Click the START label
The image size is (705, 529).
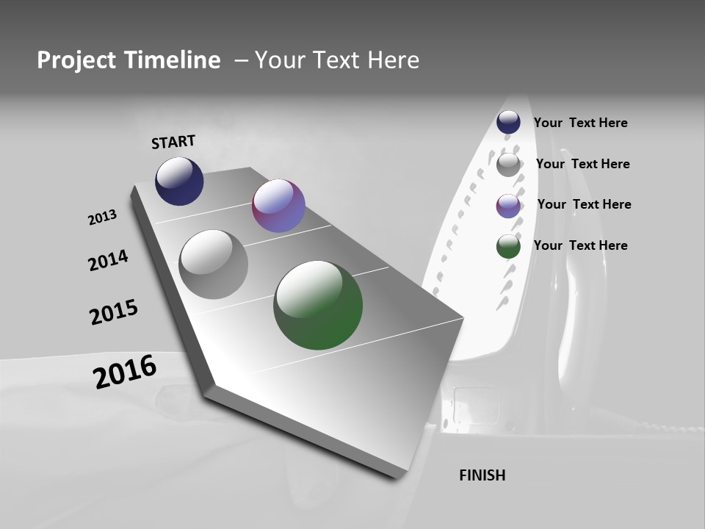point(173,142)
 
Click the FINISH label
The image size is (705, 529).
point(482,475)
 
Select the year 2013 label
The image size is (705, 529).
point(103,217)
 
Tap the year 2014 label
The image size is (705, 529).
point(109,260)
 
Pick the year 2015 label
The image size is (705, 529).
point(114,312)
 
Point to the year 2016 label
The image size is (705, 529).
point(125,372)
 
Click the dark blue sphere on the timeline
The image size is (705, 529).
point(179,181)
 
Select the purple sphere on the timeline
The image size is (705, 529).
point(278,206)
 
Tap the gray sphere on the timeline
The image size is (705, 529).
point(214,264)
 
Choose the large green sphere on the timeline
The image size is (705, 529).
point(318,305)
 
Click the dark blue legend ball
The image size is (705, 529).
point(508,122)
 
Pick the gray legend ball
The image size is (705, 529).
point(508,165)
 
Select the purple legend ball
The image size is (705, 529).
point(508,206)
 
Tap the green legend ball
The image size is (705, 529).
point(508,247)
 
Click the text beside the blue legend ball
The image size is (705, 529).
point(580,123)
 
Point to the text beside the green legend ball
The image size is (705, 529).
point(580,245)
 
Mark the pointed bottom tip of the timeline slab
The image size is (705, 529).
point(397,476)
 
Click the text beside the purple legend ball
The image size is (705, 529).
point(584,204)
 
